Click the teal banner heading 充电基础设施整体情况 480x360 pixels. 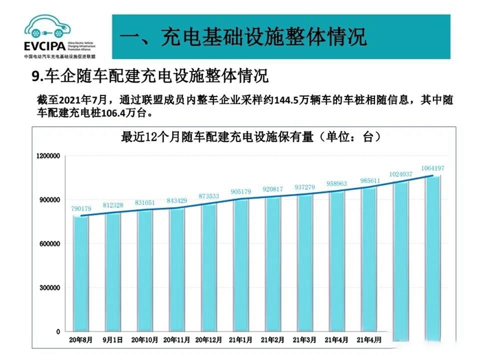click(243, 36)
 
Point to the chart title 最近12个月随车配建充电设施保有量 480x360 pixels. click(250, 136)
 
